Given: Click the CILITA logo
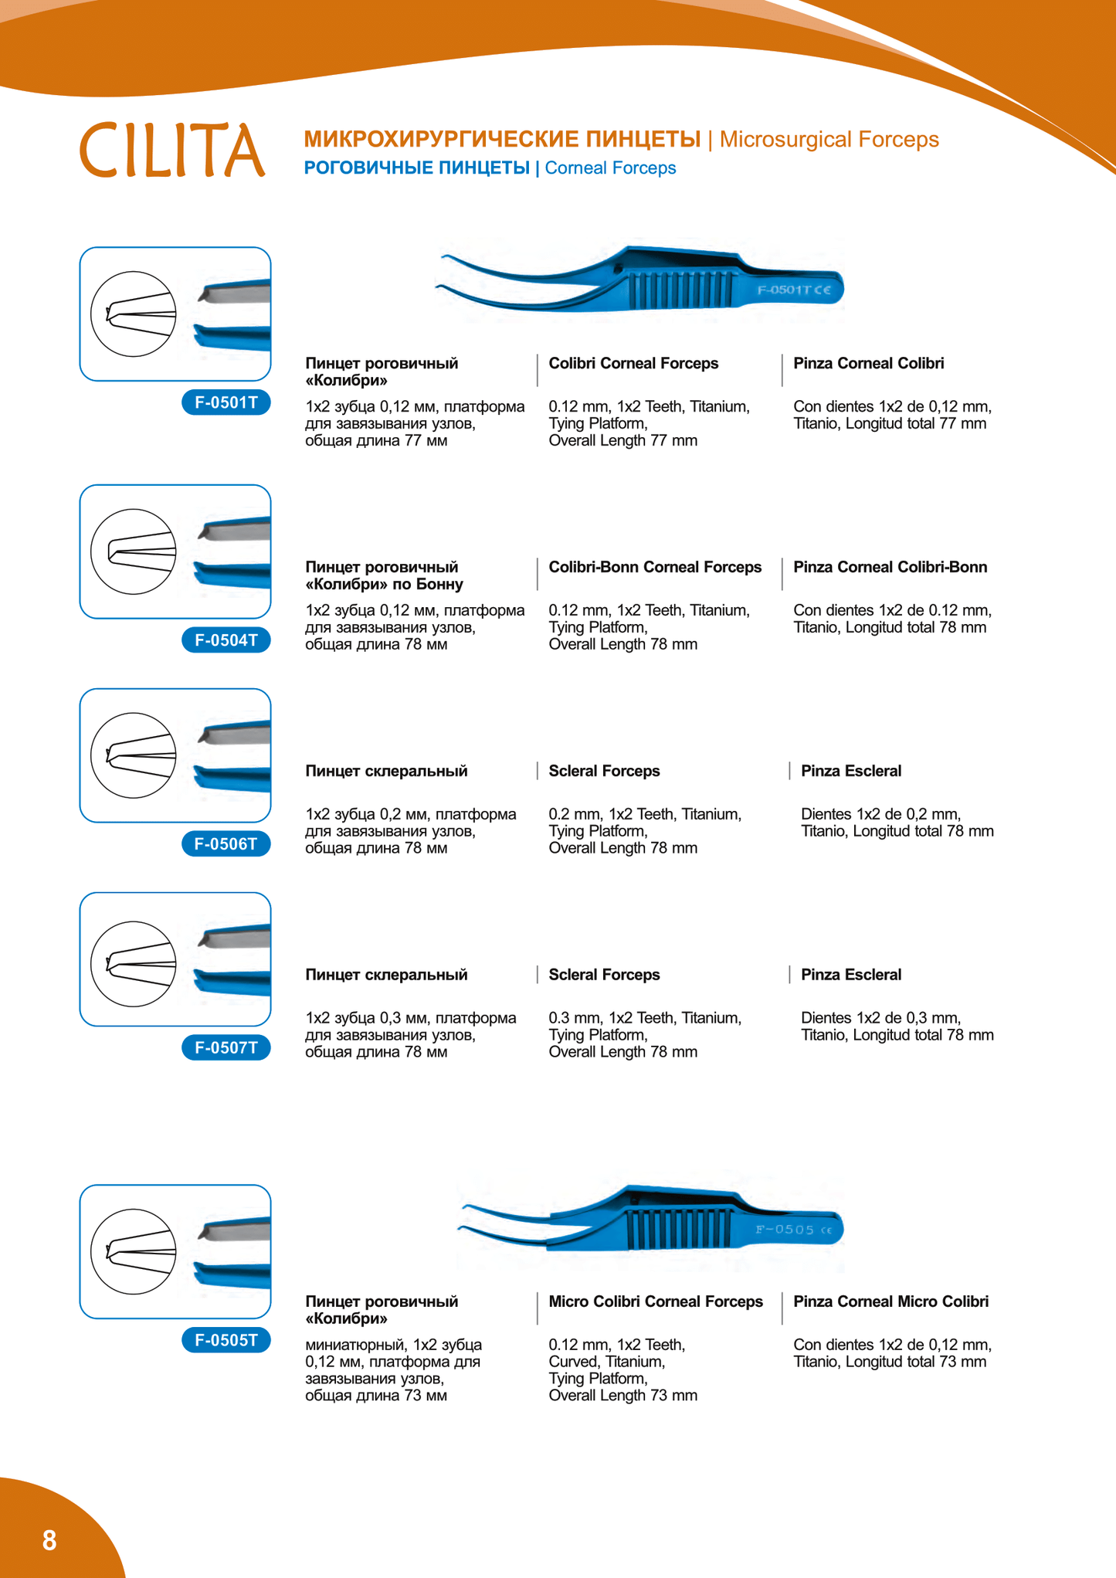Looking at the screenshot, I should click(x=172, y=150).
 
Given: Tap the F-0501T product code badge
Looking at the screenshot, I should click(x=226, y=402).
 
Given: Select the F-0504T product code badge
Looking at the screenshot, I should click(x=226, y=640).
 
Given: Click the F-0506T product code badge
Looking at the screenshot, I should click(x=226, y=844).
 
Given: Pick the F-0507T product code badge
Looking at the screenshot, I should click(x=226, y=1048).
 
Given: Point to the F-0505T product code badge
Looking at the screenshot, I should click(x=226, y=1340).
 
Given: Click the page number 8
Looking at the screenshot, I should click(x=49, y=1540).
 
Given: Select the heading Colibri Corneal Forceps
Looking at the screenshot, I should click(x=633, y=364).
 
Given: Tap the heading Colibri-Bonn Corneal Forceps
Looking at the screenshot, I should click(x=655, y=568).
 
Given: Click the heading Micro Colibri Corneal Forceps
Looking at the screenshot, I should click(x=656, y=1301).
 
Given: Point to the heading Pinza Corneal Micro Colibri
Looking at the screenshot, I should click(x=890, y=1301).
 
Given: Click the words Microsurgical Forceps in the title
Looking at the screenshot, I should click(x=829, y=140).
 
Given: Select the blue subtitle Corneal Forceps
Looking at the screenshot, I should click(x=610, y=168).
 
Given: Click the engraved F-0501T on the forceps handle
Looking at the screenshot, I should click(x=793, y=290).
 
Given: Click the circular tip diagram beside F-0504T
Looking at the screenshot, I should click(x=134, y=551).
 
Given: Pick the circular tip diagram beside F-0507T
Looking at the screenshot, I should click(x=134, y=964).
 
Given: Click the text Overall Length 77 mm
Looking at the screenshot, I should click(x=622, y=441).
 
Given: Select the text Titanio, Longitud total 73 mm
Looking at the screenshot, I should click(x=890, y=1362).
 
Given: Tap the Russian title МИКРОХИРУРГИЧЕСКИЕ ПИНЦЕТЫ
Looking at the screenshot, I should click(x=502, y=140).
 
